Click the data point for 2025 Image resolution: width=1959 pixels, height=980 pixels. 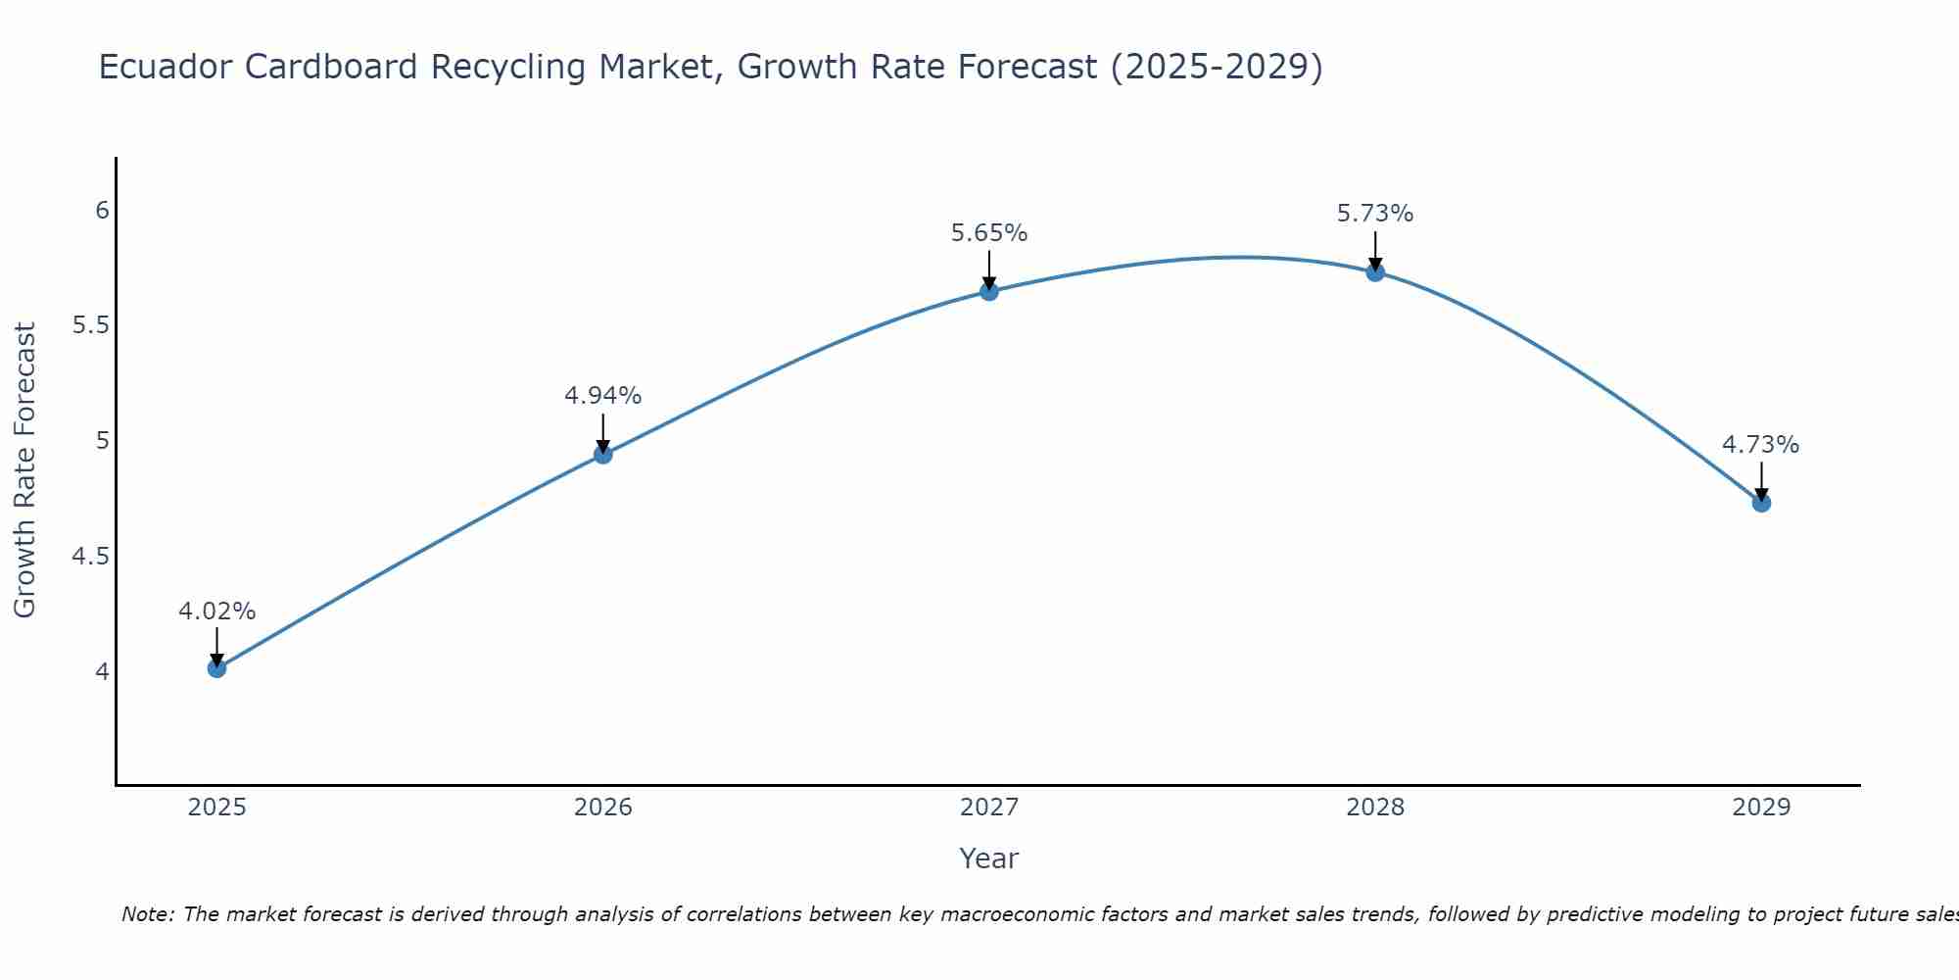point(216,668)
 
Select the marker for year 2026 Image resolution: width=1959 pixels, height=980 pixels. point(603,455)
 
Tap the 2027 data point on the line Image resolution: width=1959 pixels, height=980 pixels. point(989,291)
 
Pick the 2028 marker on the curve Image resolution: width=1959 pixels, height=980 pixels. point(1375,272)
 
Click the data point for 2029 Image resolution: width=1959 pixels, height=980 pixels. point(1761,503)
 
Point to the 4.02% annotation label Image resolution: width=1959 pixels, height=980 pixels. point(216,612)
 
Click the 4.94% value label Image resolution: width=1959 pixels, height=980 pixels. point(603,396)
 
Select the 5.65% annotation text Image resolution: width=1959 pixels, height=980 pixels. point(989,233)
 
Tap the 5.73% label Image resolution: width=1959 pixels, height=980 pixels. point(1375,214)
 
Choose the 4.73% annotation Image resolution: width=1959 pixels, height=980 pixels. point(1761,445)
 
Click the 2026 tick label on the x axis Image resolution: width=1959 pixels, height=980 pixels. point(603,808)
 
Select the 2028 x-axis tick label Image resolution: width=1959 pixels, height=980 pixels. point(1375,808)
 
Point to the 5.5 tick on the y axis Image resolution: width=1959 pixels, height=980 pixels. point(90,325)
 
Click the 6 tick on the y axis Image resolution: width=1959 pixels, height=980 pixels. point(102,211)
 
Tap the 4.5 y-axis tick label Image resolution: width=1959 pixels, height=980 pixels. point(90,557)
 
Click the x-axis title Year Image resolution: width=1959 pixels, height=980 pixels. point(989,858)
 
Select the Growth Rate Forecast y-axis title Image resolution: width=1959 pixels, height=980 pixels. point(24,470)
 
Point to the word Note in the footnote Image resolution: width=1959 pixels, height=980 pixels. point(147,914)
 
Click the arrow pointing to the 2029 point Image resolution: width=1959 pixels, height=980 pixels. point(1761,482)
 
